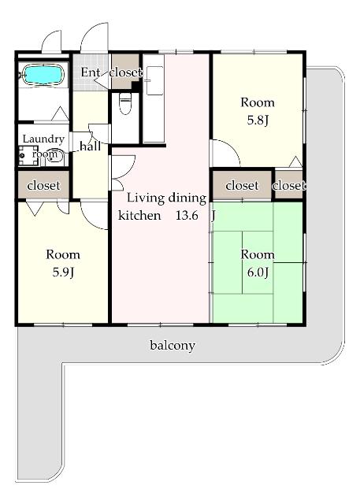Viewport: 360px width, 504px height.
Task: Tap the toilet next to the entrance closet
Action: (x=125, y=103)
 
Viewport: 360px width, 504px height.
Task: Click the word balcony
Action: (x=173, y=346)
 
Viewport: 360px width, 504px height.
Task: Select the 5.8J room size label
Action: (x=258, y=120)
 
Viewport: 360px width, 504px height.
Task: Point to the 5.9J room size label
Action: (x=63, y=272)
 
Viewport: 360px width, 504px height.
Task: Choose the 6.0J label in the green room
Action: (x=258, y=272)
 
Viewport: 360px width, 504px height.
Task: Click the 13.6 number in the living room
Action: (x=187, y=215)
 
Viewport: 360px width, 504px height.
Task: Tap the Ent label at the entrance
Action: (x=90, y=72)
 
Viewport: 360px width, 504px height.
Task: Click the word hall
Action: (x=90, y=146)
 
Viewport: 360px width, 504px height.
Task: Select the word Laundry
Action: (x=43, y=139)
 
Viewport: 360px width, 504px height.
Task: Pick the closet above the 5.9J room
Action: (x=43, y=185)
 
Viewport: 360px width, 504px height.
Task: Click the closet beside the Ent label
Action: (x=125, y=72)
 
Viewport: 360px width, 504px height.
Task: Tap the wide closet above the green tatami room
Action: (x=242, y=185)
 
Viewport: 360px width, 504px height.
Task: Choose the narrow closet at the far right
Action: (x=288, y=185)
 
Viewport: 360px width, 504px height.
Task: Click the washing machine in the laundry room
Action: (x=28, y=156)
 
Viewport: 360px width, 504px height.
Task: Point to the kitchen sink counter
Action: (x=154, y=98)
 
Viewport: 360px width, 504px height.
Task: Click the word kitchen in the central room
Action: (x=139, y=215)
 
